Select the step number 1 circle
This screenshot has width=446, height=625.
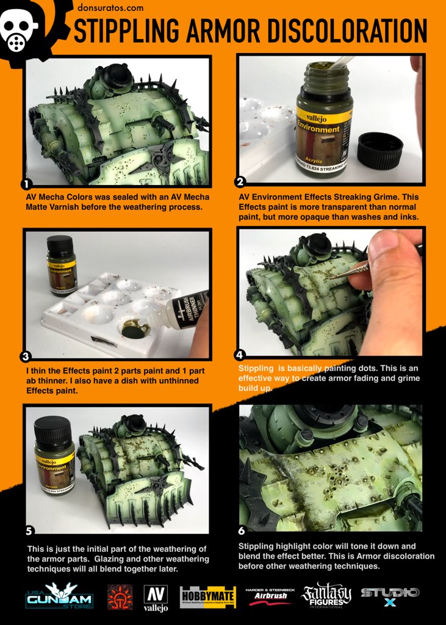click(x=26, y=184)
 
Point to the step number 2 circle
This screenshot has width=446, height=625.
click(x=240, y=182)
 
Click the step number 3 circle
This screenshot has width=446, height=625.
click(x=26, y=356)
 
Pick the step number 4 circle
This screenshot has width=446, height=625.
click(x=240, y=353)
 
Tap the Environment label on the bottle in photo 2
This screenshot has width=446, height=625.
click(x=318, y=129)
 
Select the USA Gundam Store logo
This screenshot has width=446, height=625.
click(x=59, y=597)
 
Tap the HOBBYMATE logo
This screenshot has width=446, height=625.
click(x=208, y=597)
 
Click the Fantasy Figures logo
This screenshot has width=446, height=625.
click(x=327, y=598)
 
